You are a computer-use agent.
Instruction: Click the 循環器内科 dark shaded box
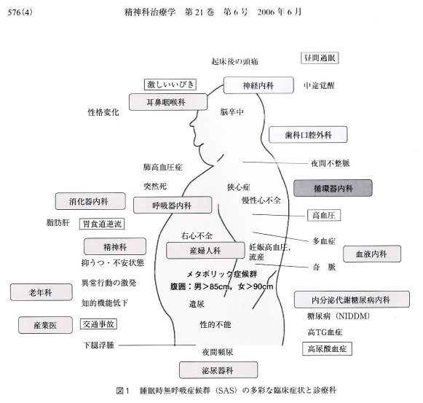333,188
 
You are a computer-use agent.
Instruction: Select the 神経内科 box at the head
258,85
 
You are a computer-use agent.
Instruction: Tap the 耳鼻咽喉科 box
168,102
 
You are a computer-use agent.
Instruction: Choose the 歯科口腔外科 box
308,135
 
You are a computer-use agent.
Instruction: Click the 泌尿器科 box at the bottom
218,370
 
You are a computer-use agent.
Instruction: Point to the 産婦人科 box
205,251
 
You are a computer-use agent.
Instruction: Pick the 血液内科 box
372,254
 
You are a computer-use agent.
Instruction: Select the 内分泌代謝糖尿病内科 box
352,300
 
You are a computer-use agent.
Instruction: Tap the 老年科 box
41,292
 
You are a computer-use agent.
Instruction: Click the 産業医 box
45,325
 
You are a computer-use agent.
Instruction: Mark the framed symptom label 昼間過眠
320,58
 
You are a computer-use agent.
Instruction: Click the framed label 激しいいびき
170,85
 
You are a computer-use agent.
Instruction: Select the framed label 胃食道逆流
102,224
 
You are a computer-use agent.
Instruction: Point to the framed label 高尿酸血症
327,349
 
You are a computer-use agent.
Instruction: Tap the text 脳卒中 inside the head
232,111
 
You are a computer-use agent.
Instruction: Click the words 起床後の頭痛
234,61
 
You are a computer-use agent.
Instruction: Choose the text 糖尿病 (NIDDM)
339,316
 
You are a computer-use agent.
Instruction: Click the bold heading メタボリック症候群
222,275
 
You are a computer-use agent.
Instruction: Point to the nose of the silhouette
191,124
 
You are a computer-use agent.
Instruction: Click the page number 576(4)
20,12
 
